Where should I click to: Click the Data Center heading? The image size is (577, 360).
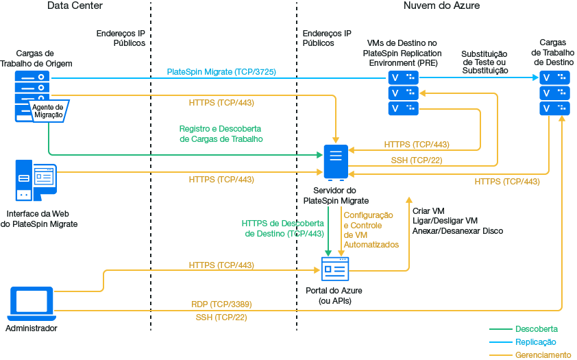(x=75, y=6)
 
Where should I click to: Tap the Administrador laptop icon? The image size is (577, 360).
(x=32, y=304)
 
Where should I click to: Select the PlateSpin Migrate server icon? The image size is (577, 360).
(x=336, y=162)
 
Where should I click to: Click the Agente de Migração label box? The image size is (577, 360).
(x=47, y=111)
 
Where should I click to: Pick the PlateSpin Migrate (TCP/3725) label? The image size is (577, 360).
(x=221, y=72)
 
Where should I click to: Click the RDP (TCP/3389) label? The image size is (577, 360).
(x=221, y=304)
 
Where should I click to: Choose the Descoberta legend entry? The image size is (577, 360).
(x=536, y=329)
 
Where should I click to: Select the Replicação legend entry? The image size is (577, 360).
(x=535, y=341)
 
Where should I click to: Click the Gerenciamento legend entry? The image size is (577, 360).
(x=543, y=355)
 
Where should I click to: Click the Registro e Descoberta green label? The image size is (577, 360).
(x=221, y=134)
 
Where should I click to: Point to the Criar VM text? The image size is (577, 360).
(x=429, y=210)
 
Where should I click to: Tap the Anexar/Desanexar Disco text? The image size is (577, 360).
(x=458, y=231)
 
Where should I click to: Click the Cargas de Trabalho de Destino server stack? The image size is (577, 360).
(x=554, y=93)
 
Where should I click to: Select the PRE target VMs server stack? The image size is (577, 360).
(x=403, y=93)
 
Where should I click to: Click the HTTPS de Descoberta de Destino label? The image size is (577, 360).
(x=283, y=228)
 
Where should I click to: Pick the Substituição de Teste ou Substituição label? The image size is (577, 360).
(x=484, y=62)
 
